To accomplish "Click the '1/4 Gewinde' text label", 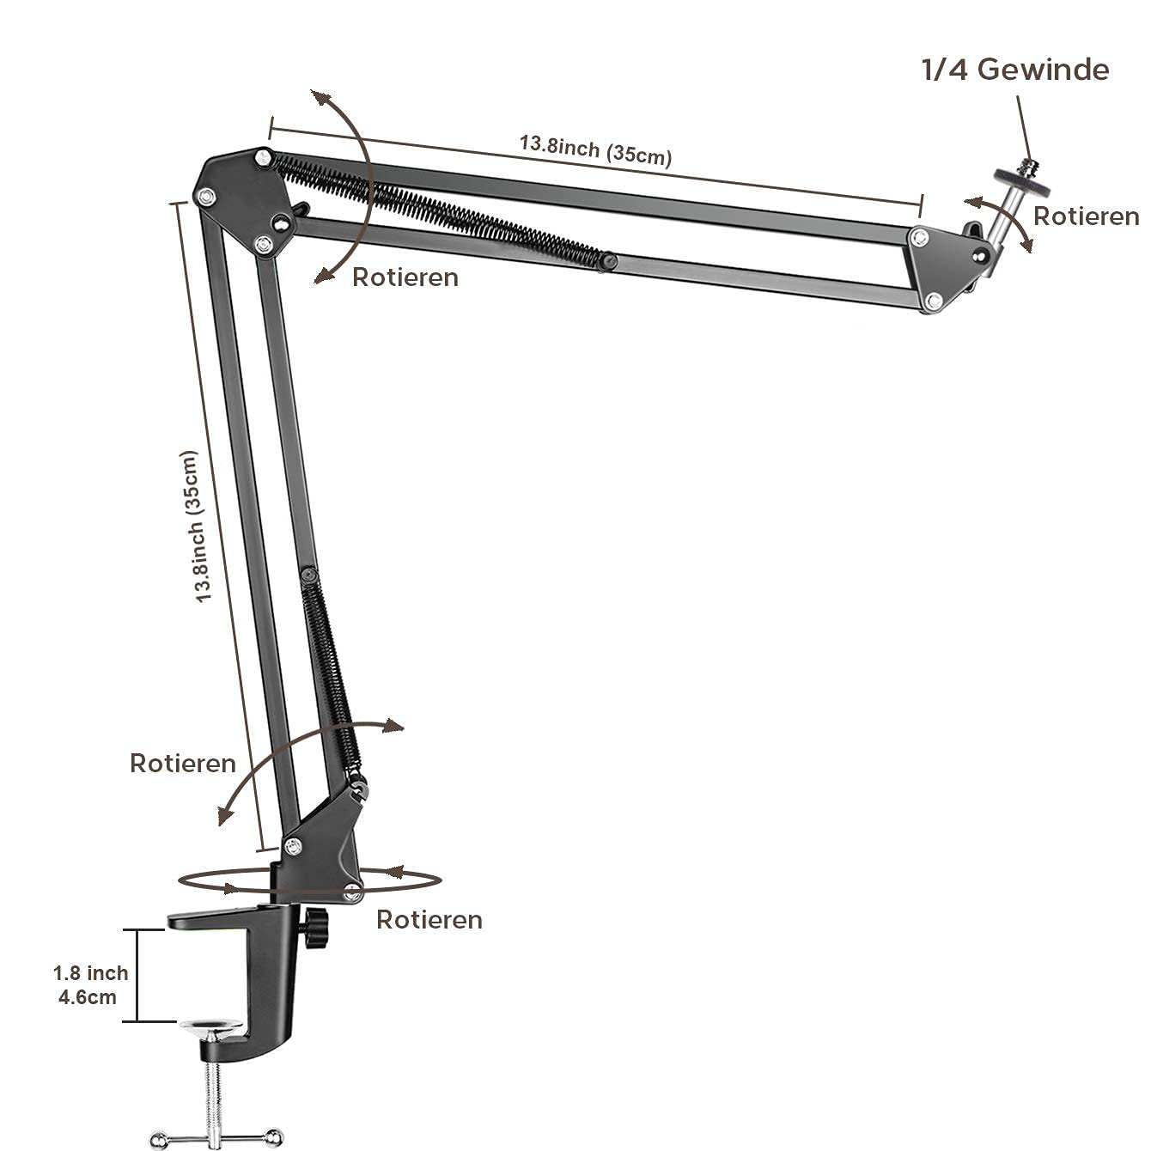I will (x=1014, y=70).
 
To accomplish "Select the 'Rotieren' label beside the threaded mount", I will (x=1086, y=216).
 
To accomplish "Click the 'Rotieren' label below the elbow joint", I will (x=405, y=277).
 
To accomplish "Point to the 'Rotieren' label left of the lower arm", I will (x=182, y=764).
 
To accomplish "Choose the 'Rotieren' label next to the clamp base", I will (x=429, y=920).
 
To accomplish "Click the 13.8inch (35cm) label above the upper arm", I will (x=595, y=149).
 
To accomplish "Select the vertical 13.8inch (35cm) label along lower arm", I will (x=196, y=526).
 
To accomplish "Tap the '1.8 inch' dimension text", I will (x=90, y=973).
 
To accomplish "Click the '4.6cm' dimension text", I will (x=87, y=997).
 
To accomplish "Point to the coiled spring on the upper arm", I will (x=438, y=208).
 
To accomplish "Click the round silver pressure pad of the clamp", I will (x=212, y=1028).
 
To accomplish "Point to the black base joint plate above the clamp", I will (x=322, y=846).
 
